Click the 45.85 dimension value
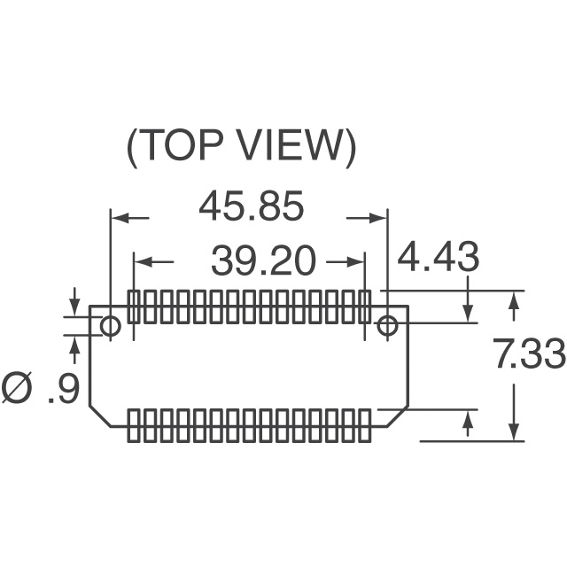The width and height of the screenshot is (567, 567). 252,206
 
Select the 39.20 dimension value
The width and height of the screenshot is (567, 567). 263,260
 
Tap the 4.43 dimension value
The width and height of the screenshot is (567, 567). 439,256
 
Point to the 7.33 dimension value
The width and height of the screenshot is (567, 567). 530,353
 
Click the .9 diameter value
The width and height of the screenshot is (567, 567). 64,388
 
